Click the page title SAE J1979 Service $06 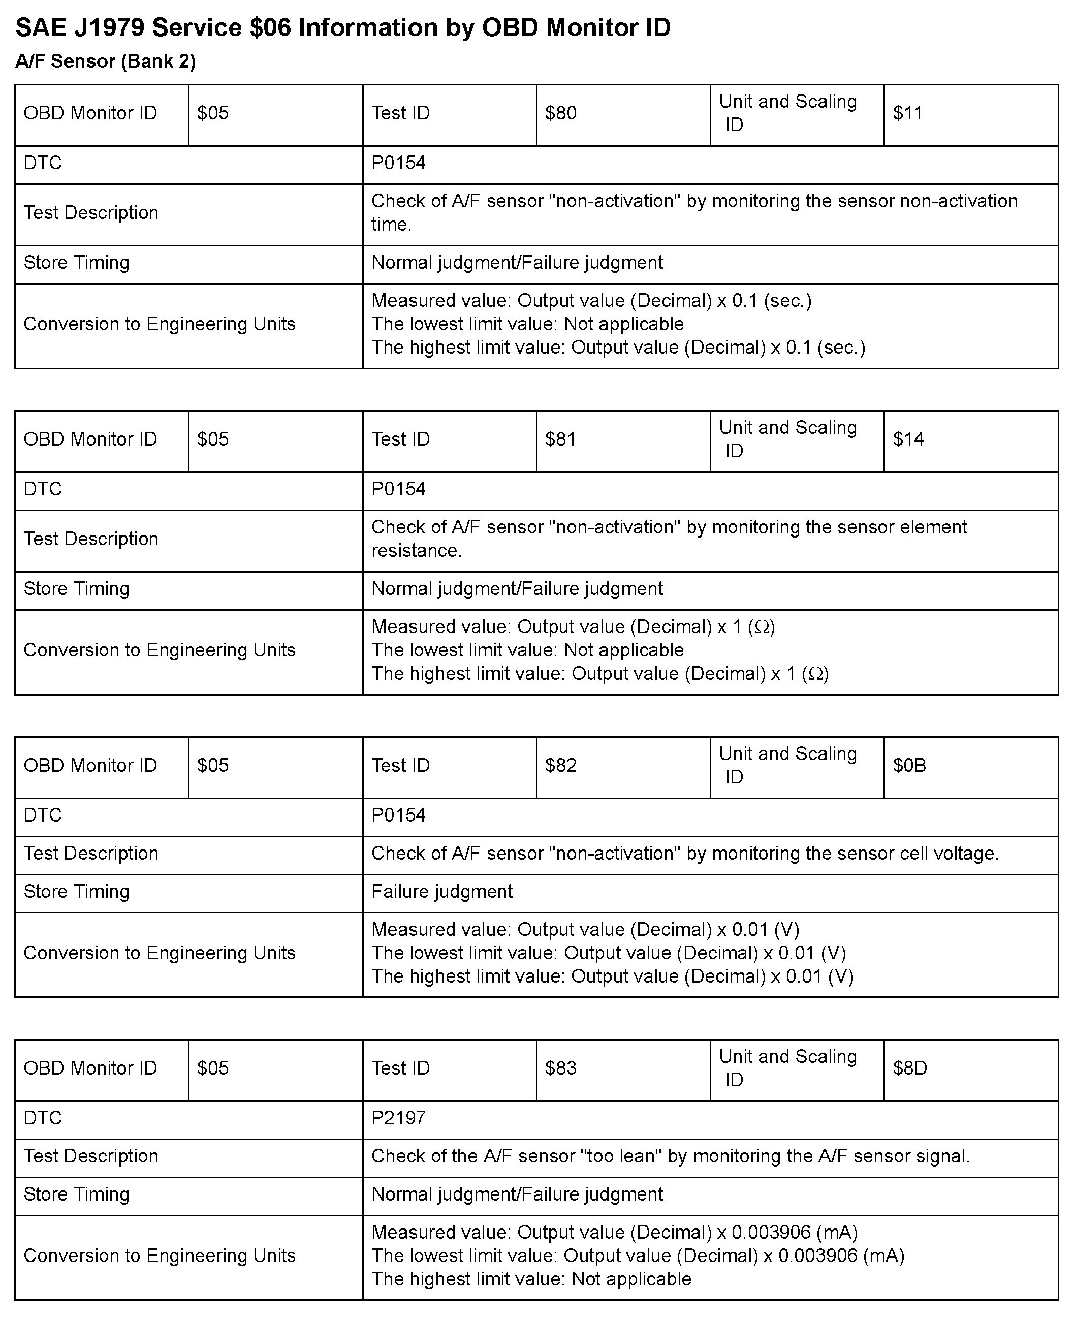point(342,28)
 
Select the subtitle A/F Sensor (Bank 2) point(105,61)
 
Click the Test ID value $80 point(560,113)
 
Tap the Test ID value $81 point(560,439)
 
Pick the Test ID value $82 point(560,765)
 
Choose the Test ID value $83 point(560,1068)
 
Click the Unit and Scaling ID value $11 point(907,113)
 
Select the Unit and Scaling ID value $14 point(908,439)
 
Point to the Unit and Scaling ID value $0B point(909,765)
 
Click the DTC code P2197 point(398,1118)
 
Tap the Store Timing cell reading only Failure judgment point(441,891)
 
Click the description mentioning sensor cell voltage point(684,854)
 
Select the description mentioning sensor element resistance point(669,538)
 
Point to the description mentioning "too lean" point(670,1156)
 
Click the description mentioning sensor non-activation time point(693,212)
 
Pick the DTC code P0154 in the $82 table point(398,815)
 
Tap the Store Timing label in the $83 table point(76,1194)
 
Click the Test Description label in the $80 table point(90,212)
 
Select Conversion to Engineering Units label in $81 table point(159,650)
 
